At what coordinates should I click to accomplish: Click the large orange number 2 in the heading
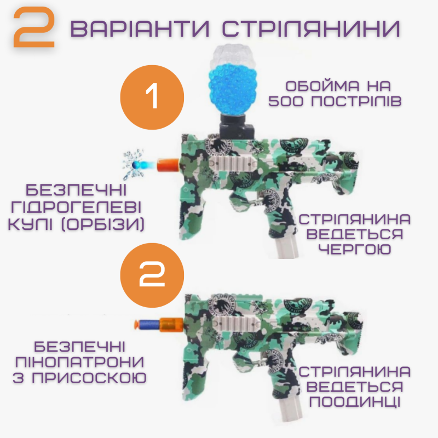click(x=34, y=28)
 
